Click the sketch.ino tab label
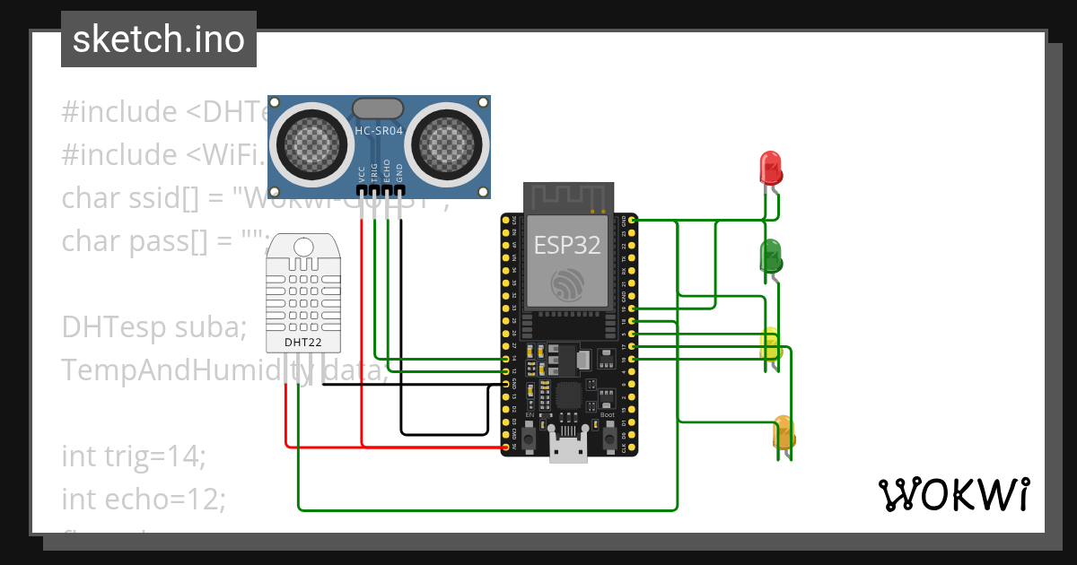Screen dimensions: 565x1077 tap(158, 39)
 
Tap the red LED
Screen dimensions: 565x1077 tap(770, 168)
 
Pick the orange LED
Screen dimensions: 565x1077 tap(783, 432)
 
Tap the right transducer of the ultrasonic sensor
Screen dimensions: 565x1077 tap(450, 139)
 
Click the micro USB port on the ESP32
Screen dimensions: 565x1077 tap(569, 448)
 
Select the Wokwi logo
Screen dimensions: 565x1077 tap(953, 494)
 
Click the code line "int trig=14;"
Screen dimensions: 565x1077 tap(134, 456)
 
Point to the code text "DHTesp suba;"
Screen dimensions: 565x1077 tap(153, 327)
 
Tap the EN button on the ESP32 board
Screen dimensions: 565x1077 tap(530, 437)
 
